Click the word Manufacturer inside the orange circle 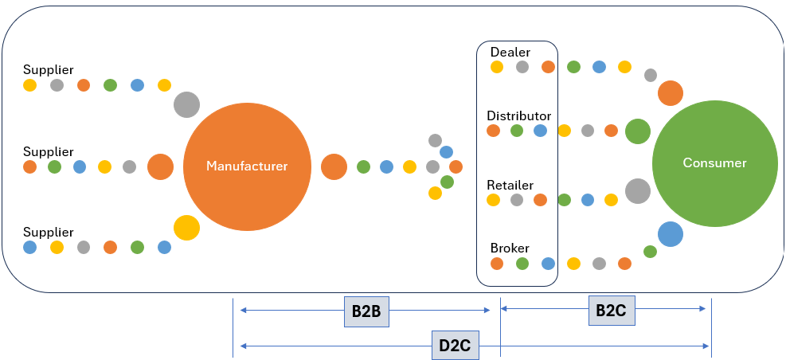[x=247, y=166]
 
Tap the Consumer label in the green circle [x=715, y=163]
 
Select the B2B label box [x=366, y=311]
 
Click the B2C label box [x=612, y=311]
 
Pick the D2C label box [x=456, y=346]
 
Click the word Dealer [x=510, y=52]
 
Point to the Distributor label [x=518, y=115]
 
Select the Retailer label [x=510, y=185]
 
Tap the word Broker [x=510, y=248]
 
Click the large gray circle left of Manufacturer [x=186, y=105]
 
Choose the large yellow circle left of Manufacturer [x=186, y=228]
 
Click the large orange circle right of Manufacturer [x=334, y=166]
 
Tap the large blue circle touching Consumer [x=671, y=234]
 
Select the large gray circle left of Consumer [x=638, y=191]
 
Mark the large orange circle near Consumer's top [x=671, y=92]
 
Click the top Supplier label [x=48, y=70]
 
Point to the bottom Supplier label [x=48, y=232]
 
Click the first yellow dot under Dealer [x=497, y=67]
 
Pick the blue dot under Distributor [x=540, y=131]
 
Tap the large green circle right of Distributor [x=638, y=131]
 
